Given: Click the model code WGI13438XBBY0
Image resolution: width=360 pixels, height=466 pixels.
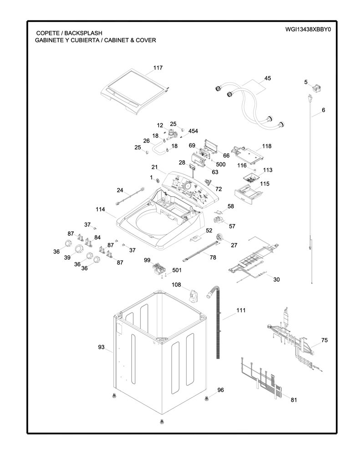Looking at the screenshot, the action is point(308,29).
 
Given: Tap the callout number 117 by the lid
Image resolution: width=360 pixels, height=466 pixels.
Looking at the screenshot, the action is point(158,67).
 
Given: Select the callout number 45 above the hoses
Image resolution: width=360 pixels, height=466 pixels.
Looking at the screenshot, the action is point(268,78).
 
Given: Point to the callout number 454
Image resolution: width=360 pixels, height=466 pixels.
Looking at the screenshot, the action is point(193,131).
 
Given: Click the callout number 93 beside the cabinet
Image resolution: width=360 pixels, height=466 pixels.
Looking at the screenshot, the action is point(101,347).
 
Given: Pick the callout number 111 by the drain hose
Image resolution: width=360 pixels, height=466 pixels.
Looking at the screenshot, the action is point(241,310).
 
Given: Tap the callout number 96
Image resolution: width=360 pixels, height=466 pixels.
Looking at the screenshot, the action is point(220,390).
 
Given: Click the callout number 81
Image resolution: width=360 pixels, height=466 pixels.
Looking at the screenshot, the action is point(294,400).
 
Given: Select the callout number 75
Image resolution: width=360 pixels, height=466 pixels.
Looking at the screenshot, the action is point(325,340).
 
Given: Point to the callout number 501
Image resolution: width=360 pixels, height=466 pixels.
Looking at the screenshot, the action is point(177,270).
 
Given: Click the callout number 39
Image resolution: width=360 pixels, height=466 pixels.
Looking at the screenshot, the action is point(67,258).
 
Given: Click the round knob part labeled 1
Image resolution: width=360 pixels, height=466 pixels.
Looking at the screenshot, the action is point(158,180).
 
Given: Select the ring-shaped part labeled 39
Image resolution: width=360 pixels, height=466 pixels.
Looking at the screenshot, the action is point(79,249).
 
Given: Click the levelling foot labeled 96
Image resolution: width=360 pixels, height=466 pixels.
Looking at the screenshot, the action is point(206,398).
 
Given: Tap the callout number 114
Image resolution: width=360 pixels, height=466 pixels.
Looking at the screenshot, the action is point(101,209).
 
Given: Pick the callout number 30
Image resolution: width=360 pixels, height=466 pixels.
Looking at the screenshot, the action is point(276,279).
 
